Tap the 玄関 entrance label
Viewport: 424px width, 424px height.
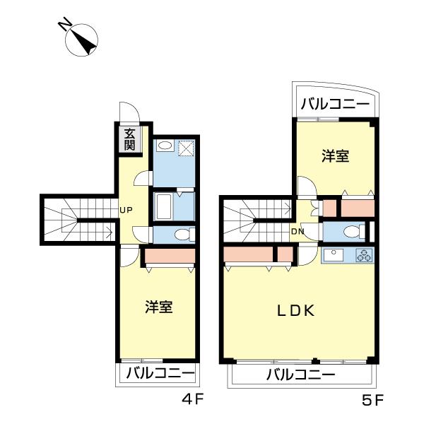coord(130,139)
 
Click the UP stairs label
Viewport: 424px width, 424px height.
coord(126,209)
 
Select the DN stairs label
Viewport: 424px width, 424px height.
coord(298,232)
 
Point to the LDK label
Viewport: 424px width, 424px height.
coord(295,310)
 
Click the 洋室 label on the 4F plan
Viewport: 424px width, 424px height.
coord(159,307)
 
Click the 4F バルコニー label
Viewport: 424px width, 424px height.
coord(160,373)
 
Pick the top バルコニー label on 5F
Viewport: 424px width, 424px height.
coord(335,104)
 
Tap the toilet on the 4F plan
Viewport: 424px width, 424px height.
coord(181,235)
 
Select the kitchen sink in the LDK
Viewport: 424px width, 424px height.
coord(334,255)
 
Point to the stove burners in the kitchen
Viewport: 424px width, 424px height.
coord(363,255)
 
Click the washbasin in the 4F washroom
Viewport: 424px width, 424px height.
coord(164,146)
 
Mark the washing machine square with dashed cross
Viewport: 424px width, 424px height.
coord(187,148)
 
